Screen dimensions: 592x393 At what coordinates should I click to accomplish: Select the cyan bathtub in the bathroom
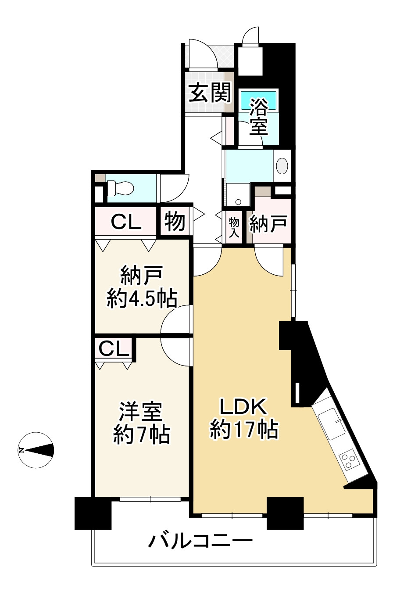pos(259,100)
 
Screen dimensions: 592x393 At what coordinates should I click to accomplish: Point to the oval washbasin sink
pos(283,166)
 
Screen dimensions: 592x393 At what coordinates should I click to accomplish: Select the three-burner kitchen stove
pos(350,459)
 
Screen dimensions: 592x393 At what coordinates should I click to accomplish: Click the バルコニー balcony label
pos(200,540)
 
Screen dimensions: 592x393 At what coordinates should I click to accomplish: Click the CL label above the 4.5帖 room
pos(126,222)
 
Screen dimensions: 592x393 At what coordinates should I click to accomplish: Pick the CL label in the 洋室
pos(114,349)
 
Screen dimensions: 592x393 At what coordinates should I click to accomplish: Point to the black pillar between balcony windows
pos(285,513)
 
